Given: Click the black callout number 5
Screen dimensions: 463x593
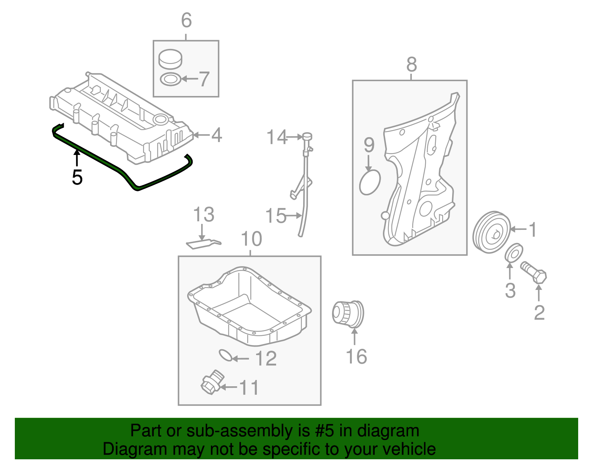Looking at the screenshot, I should pyautogui.click(x=77, y=177).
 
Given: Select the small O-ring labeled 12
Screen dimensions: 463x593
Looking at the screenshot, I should pyautogui.click(x=225, y=355).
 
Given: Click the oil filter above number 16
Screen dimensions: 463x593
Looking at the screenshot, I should pyautogui.click(x=348, y=314).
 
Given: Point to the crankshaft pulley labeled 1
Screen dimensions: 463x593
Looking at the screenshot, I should pyautogui.click(x=491, y=232).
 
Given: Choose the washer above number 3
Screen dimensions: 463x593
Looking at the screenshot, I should pyautogui.click(x=514, y=253).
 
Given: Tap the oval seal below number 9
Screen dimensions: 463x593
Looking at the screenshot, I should pyautogui.click(x=370, y=182).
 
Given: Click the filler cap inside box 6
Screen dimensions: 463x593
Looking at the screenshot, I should pyautogui.click(x=170, y=59).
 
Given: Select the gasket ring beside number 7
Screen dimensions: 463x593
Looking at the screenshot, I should pyautogui.click(x=170, y=79).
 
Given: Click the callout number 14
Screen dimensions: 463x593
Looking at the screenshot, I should pyautogui.click(x=277, y=137).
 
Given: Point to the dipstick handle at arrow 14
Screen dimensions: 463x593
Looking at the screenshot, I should pyautogui.click(x=307, y=136).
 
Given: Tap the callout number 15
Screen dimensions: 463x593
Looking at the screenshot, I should pyautogui.click(x=276, y=216).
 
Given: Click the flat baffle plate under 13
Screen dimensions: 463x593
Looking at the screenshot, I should pyautogui.click(x=202, y=244).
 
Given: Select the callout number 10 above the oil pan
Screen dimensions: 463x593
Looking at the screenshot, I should pyautogui.click(x=251, y=239).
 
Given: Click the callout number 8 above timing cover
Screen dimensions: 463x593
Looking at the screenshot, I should pyautogui.click(x=411, y=65).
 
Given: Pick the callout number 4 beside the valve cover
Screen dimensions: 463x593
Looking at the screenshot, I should pyautogui.click(x=216, y=135).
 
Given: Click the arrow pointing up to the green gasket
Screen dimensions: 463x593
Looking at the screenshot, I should pyautogui.click(x=77, y=158).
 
